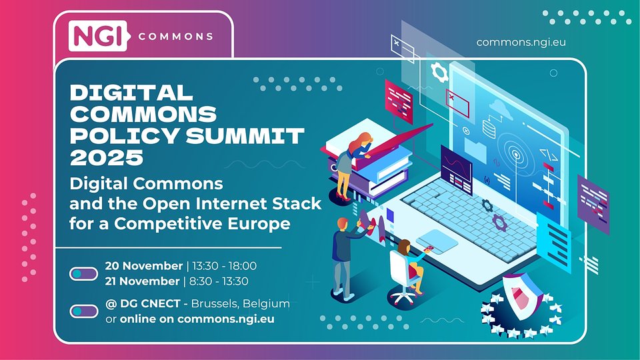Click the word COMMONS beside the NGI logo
[176, 36]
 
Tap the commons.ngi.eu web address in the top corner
[521, 42]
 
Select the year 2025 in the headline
[107, 157]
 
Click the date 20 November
[143, 266]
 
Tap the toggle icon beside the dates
[83, 273]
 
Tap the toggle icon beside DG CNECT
[83, 311]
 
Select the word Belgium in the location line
[266, 303]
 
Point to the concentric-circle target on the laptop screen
[515, 155]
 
